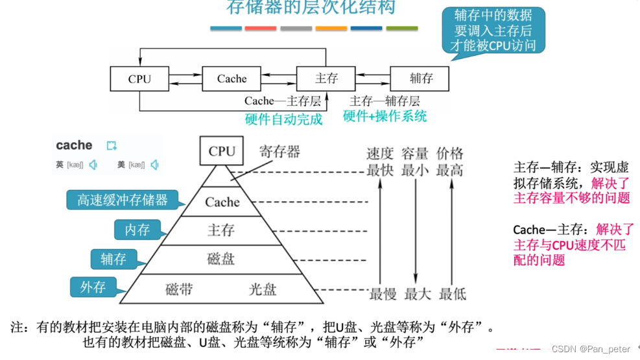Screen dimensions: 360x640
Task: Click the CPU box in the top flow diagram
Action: point(139,79)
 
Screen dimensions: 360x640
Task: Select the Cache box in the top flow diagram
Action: point(231,79)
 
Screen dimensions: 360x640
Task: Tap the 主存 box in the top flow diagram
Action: point(326,79)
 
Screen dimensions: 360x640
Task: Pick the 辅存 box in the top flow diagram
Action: point(421,79)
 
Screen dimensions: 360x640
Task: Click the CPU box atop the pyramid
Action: point(222,151)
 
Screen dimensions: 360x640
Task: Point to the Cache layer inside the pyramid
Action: point(222,202)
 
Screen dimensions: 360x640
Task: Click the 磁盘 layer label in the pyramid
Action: point(220,259)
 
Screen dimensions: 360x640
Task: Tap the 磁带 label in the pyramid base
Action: point(179,289)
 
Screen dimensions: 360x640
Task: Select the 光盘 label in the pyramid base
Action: point(263,289)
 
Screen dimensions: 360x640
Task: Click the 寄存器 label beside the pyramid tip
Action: point(279,152)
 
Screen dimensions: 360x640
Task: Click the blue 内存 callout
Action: point(137,230)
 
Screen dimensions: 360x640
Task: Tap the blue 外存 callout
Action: point(93,287)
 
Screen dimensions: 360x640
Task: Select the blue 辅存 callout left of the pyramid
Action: point(113,259)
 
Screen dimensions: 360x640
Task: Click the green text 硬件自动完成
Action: point(283,119)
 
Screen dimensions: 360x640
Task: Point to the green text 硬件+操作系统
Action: point(385,117)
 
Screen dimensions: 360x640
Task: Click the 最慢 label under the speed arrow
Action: point(383,294)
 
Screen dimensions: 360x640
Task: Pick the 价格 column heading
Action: point(450,154)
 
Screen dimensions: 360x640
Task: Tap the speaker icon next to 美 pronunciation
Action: point(154,165)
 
